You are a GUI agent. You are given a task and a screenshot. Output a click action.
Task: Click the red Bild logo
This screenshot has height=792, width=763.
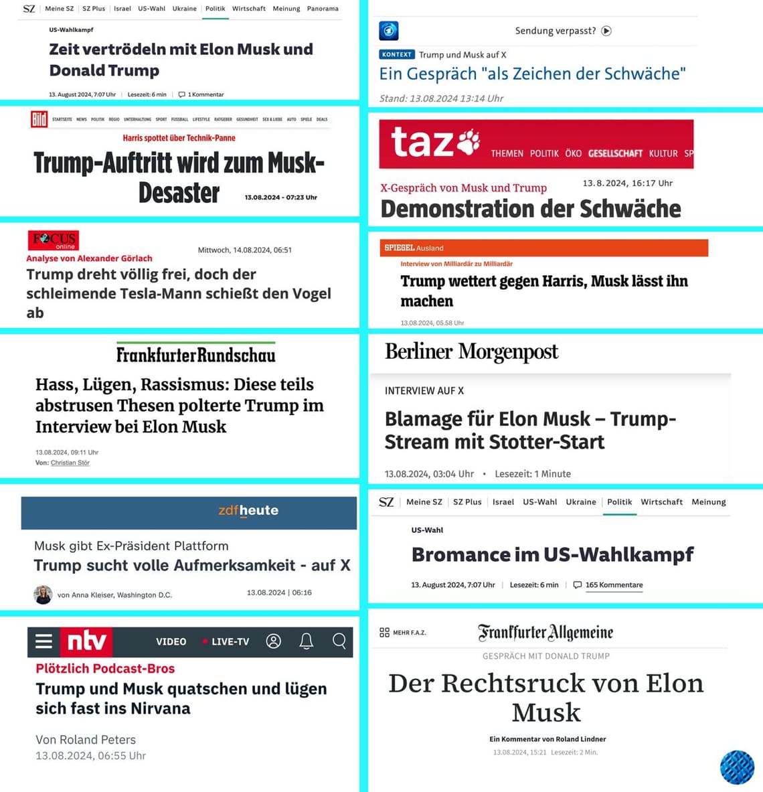[x=39, y=119]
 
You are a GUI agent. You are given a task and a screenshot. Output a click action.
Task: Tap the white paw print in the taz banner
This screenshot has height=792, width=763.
[x=469, y=142]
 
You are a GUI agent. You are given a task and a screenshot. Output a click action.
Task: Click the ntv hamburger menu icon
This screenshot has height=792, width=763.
[x=44, y=641]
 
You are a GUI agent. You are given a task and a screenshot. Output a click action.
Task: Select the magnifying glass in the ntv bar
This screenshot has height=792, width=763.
[x=339, y=641]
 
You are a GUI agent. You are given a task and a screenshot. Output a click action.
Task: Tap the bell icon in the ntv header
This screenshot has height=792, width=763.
[x=307, y=641]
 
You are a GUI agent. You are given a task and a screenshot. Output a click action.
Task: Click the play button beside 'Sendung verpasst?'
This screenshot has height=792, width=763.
[x=606, y=31]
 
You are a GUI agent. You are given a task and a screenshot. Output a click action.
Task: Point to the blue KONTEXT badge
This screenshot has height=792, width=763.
[x=397, y=55]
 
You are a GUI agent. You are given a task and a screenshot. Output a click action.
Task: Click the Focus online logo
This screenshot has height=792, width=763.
[x=54, y=240]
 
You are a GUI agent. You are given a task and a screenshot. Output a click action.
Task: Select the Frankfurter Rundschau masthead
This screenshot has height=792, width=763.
[x=195, y=354]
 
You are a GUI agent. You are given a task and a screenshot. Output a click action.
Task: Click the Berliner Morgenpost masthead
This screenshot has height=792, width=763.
[x=471, y=351]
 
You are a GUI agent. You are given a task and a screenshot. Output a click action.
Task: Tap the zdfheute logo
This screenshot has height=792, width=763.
[x=248, y=510]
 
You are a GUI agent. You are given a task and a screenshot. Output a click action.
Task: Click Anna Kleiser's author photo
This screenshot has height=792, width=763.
[x=43, y=595]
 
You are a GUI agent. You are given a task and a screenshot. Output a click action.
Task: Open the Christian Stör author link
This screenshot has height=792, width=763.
[x=70, y=463]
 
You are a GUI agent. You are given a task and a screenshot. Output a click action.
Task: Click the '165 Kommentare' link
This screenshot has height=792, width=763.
[x=614, y=585]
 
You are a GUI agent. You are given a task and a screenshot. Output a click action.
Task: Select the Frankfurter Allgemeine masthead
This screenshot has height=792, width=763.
[x=545, y=633]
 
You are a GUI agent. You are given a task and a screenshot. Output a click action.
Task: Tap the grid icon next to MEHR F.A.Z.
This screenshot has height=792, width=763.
[x=384, y=633]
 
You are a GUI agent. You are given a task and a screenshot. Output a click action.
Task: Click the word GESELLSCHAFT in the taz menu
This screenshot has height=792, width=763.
[x=615, y=153]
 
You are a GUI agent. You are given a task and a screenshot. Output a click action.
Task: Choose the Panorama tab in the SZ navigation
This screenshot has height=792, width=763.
[x=323, y=9]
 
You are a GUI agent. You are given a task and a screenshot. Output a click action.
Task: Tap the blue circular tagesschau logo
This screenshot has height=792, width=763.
[x=389, y=31]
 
